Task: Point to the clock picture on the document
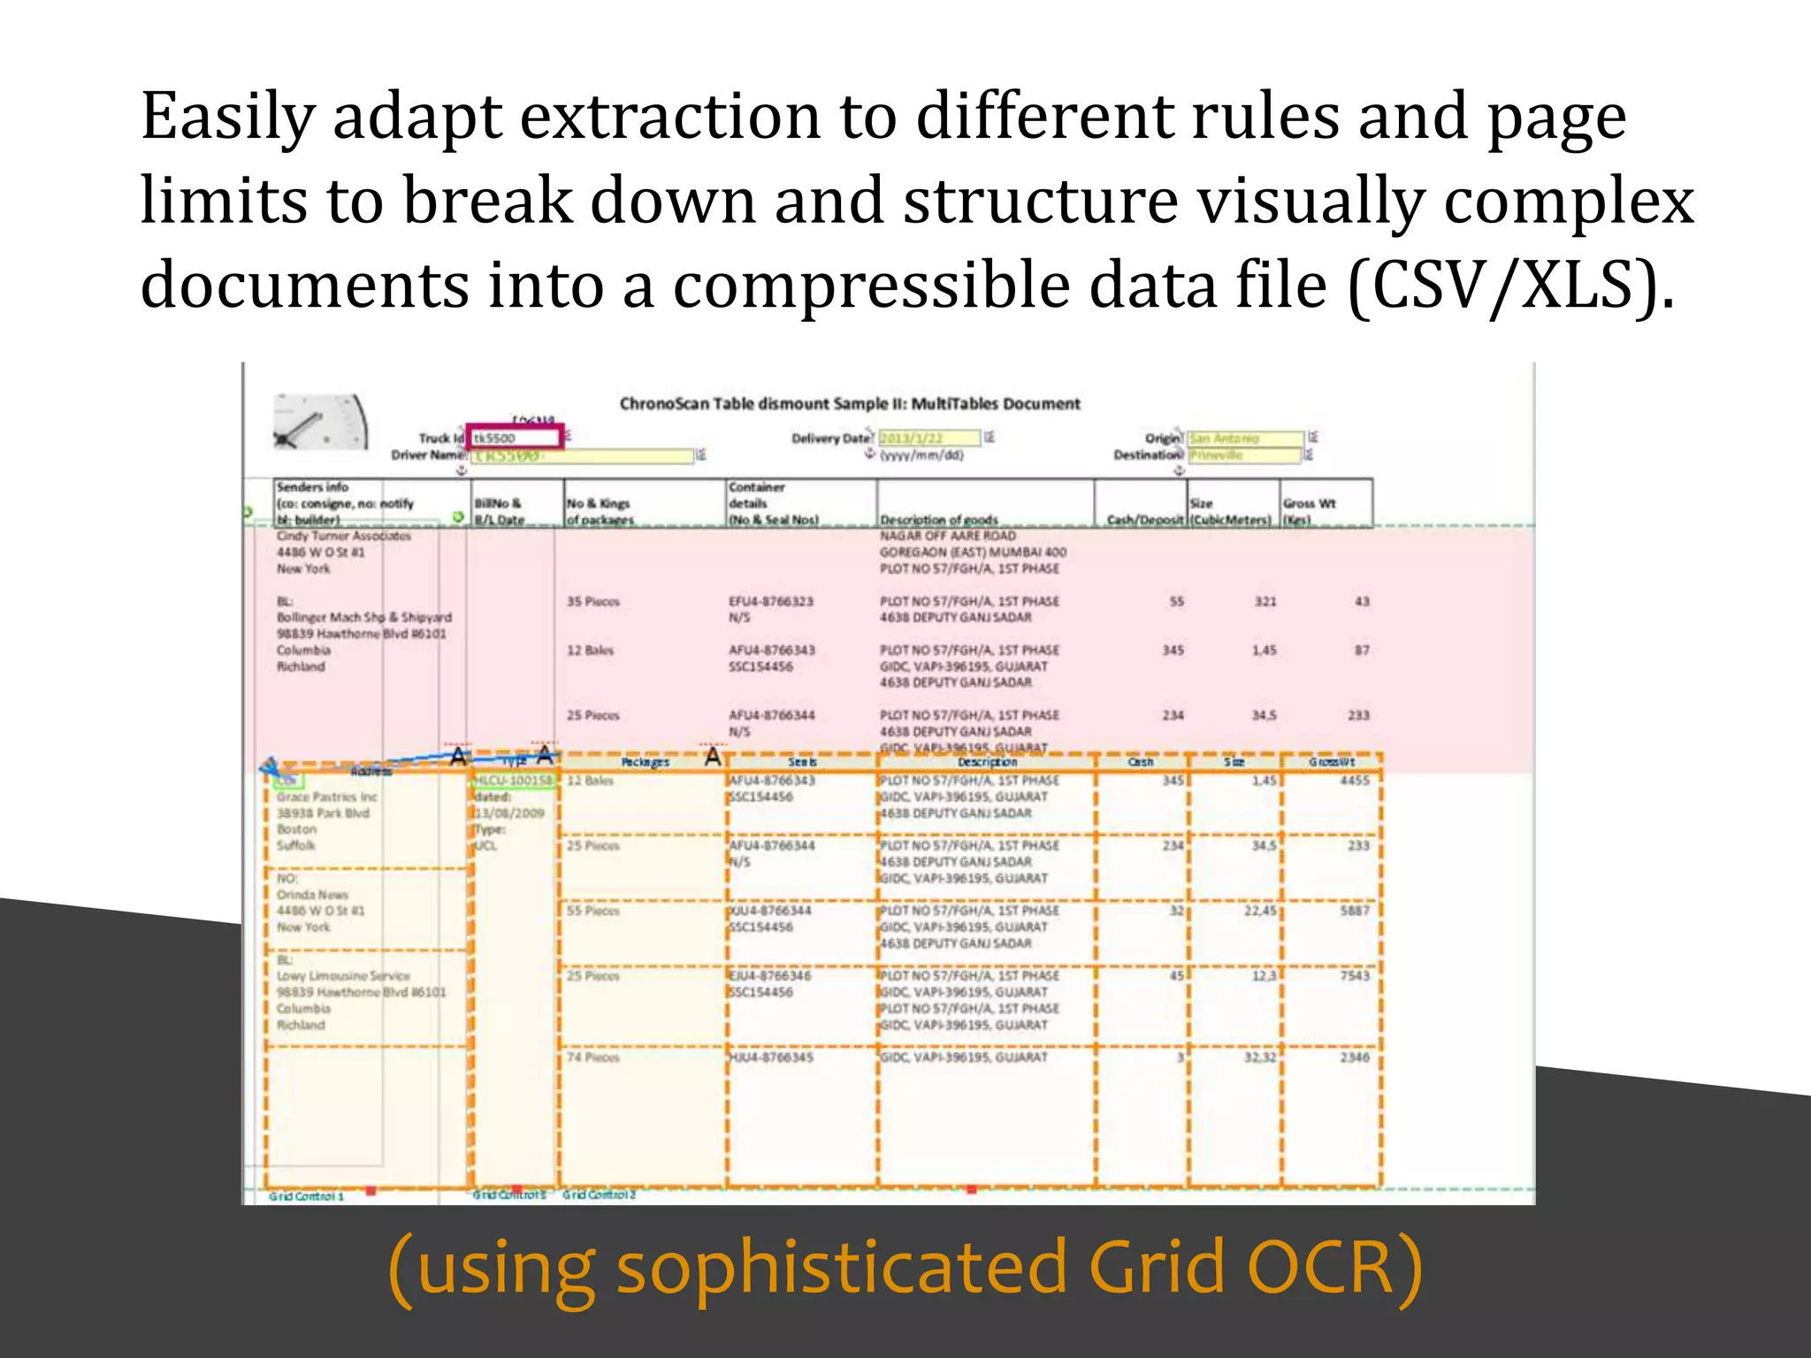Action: [x=319, y=423]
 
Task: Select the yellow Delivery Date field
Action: [x=928, y=439]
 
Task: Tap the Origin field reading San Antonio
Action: [x=1244, y=439]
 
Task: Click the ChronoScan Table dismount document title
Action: [x=849, y=404]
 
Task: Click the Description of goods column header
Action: [x=938, y=520]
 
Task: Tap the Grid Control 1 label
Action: [x=306, y=1196]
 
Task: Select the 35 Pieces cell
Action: [x=592, y=602]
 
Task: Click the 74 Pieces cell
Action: [x=592, y=1057]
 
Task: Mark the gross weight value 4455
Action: [x=1354, y=781]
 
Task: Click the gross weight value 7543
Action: [x=1354, y=976]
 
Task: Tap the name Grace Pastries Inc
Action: [x=326, y=797]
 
